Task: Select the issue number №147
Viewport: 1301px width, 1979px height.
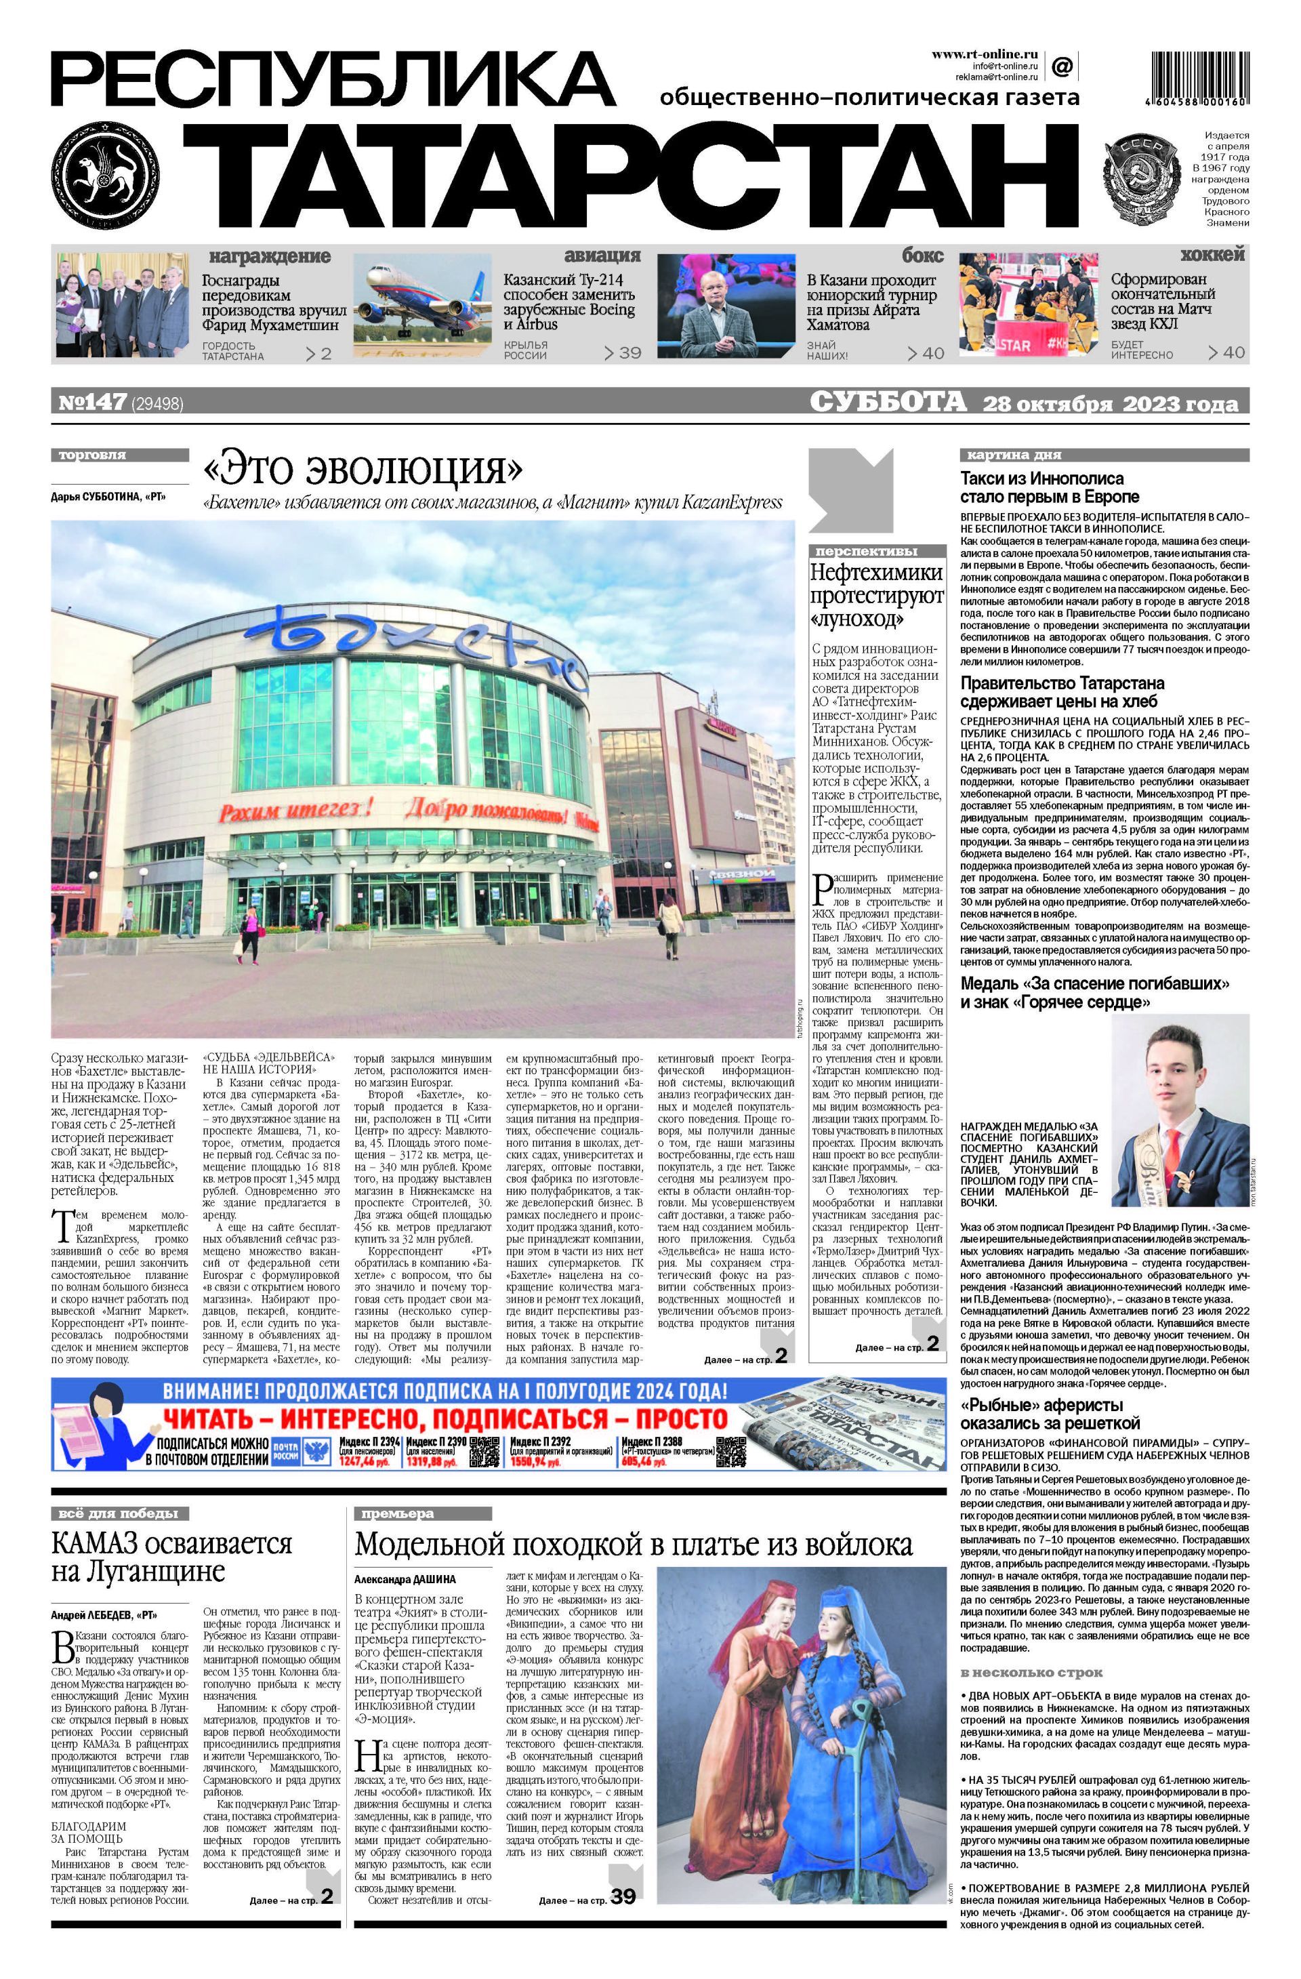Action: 92,403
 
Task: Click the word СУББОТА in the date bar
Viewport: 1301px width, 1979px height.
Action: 888,403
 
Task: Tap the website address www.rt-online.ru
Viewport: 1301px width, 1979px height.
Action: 983,54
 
